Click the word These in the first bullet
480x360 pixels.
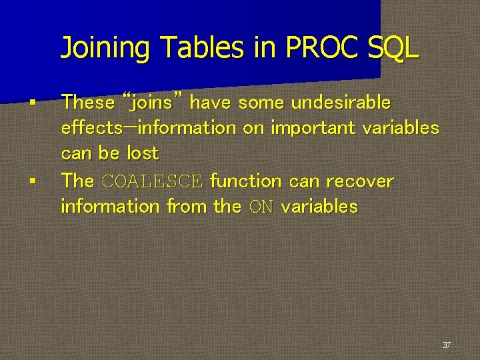(88, 103)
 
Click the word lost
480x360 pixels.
(143, 153)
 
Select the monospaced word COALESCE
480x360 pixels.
(151, 181)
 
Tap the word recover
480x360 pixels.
(360, 181)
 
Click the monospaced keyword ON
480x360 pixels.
(261, 207)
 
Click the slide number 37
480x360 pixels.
(446, 345)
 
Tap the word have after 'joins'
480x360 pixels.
(211, 103)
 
